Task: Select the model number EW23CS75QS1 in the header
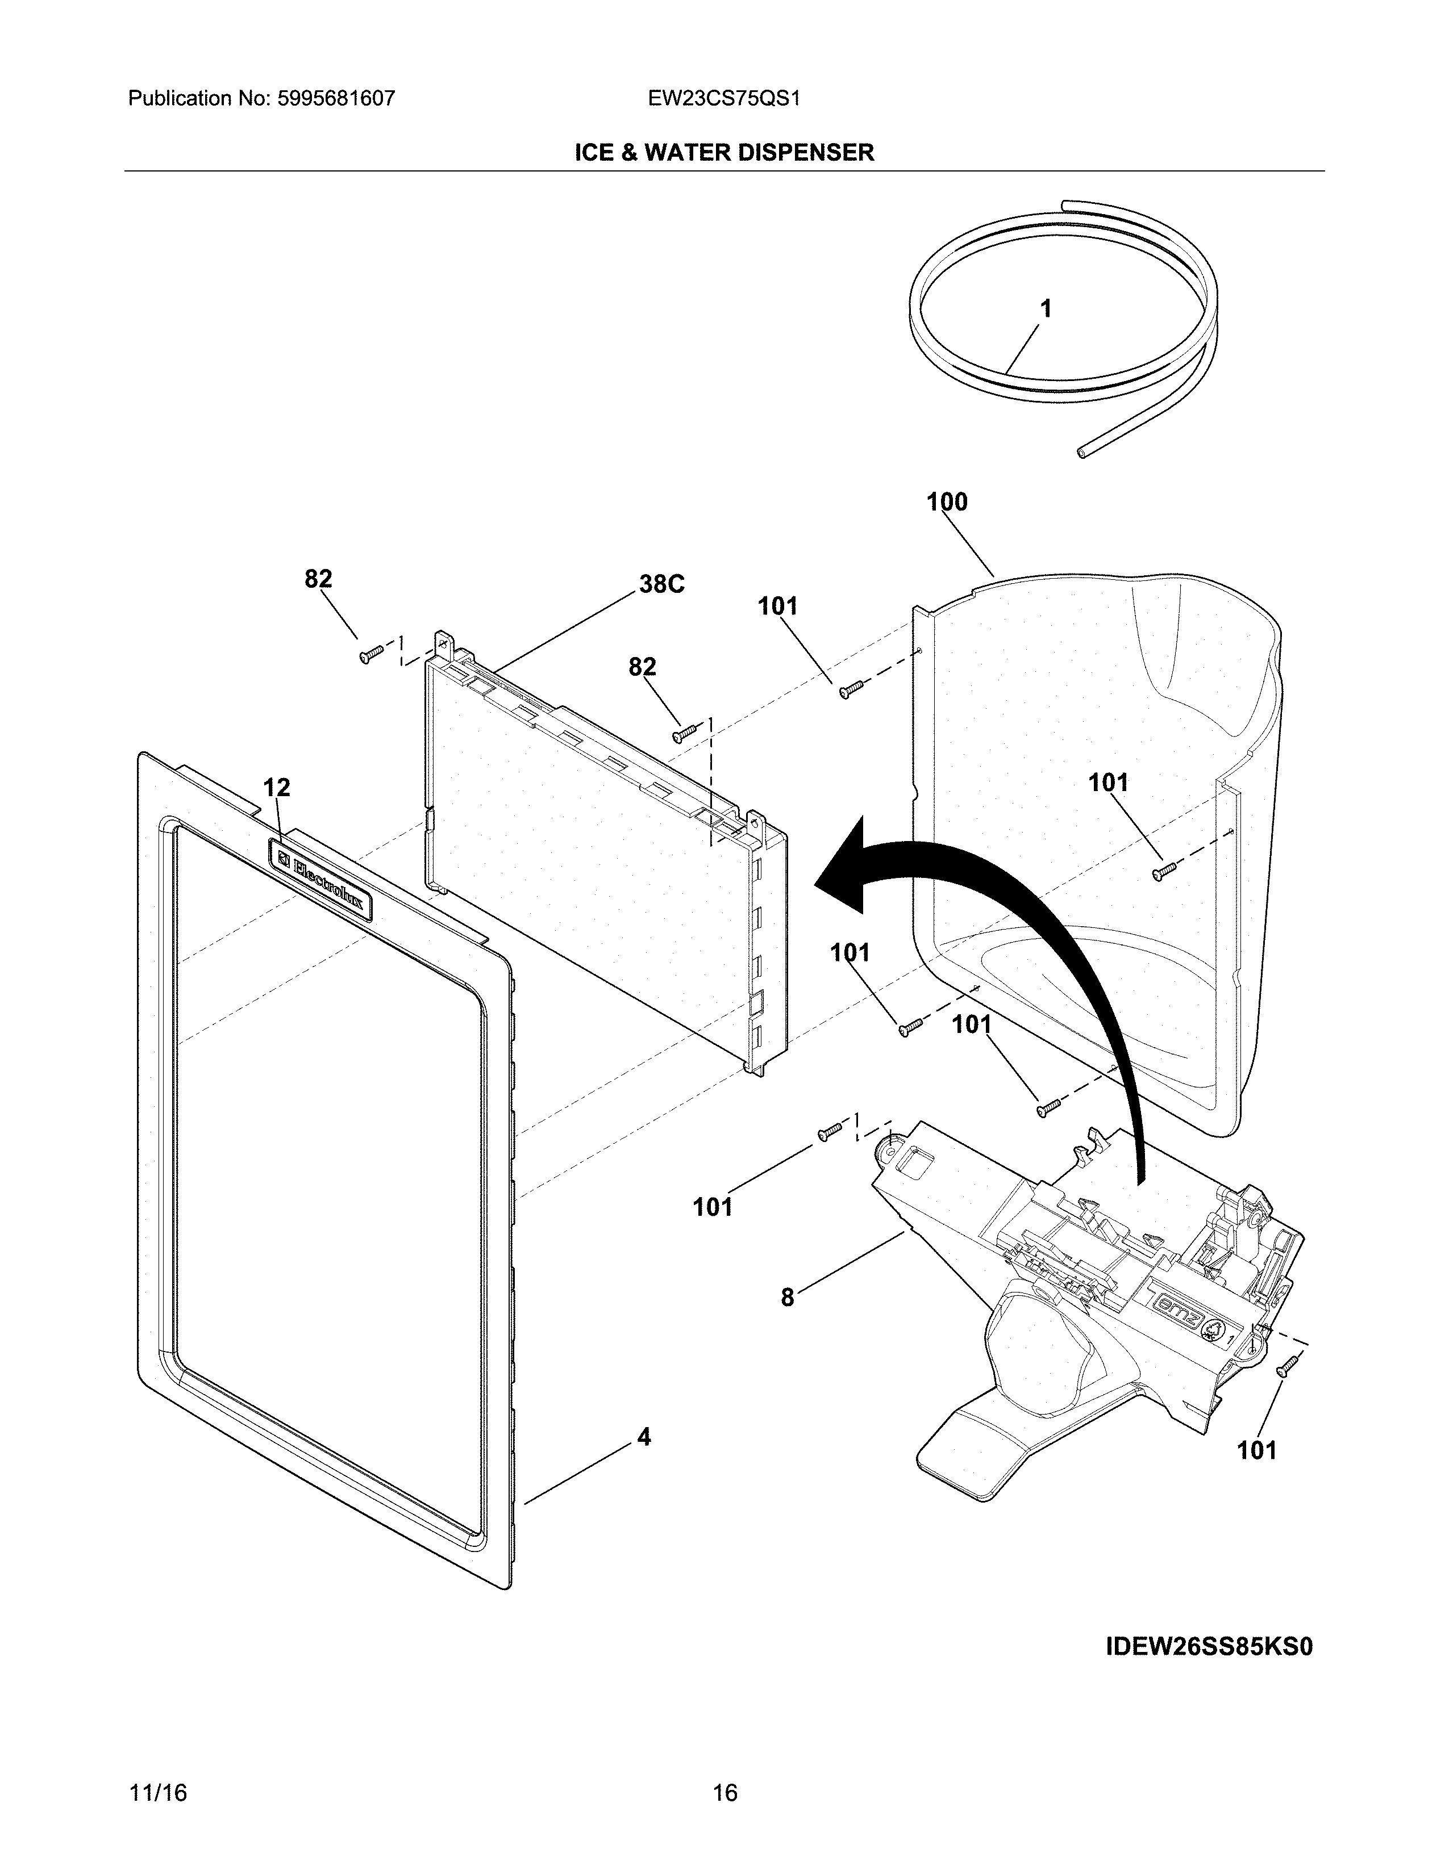click(724, 99)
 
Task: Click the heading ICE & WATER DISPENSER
click(723, 153)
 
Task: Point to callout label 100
click(947, 502)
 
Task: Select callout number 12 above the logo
click(276, 787)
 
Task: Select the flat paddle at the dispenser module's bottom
click(970, 1454)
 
